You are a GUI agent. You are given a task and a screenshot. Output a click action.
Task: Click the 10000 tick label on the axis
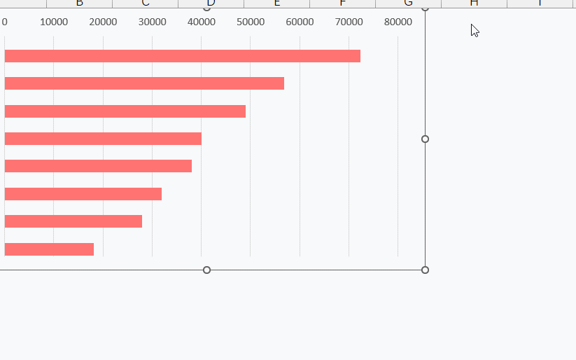54,22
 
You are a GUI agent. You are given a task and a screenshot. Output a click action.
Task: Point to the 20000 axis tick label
103,22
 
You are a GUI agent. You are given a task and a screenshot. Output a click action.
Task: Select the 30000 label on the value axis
153,22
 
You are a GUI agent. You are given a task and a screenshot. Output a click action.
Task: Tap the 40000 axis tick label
202,22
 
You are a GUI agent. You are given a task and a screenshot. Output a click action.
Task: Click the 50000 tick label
251,22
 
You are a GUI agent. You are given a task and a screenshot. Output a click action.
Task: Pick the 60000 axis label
300,22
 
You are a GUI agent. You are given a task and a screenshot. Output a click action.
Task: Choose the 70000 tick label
349,22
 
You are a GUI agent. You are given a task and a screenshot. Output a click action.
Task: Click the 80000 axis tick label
398,22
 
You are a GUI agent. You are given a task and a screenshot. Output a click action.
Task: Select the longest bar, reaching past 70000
182,56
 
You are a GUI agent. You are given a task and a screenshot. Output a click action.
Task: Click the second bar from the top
144,83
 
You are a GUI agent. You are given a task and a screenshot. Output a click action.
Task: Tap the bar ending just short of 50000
125,111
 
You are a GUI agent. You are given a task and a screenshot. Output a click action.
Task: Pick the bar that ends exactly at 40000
103,139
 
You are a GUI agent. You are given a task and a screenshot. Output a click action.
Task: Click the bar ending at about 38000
98,166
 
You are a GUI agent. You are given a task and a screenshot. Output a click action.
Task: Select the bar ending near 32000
83,194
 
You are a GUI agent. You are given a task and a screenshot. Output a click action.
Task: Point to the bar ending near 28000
73,221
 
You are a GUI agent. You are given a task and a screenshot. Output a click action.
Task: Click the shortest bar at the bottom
49,249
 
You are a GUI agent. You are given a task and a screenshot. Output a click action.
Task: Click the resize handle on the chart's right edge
425,139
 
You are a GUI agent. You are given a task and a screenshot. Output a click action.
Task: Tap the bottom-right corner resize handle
425,270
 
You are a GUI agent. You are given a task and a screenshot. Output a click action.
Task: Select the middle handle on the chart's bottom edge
206,270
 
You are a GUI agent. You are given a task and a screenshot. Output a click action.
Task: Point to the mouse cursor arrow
474,29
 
